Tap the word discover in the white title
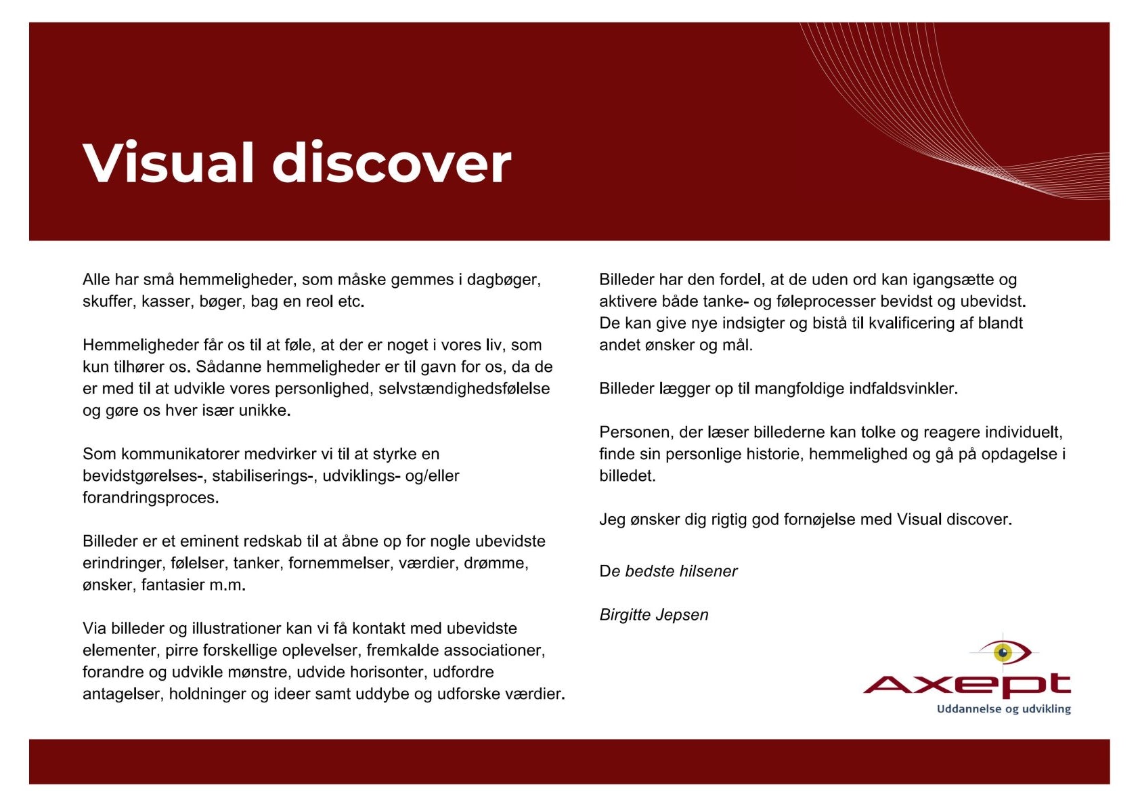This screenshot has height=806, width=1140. [391, 163]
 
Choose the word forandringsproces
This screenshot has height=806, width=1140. [150, 498]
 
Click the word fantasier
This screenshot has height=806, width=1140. [173, 585]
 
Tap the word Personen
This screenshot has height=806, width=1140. [635, 432]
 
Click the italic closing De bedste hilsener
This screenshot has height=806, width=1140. [668, 571]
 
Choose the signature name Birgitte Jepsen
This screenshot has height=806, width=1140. [654, 615]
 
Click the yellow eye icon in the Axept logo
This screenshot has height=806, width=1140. [1003, 652]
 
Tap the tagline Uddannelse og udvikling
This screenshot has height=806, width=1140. [1003, 709]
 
